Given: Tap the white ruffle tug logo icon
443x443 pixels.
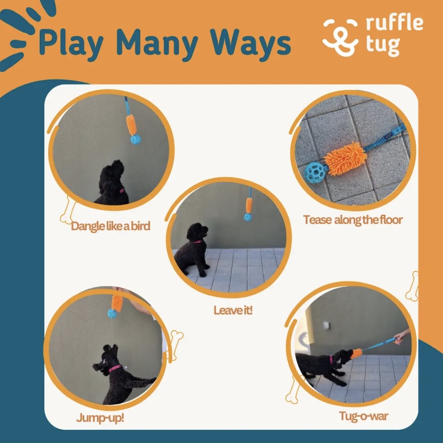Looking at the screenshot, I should click(340, 37).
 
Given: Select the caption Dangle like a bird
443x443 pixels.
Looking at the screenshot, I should click(111, 226).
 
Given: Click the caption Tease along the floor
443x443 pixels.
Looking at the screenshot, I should click(353, 220).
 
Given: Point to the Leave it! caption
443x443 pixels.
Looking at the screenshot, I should click(232, 310).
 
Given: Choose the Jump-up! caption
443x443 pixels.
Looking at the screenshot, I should click(100, 418).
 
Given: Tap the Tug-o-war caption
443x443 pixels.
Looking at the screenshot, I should click(363, 416).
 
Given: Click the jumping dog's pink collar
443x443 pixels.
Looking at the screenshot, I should click(114, 368).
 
